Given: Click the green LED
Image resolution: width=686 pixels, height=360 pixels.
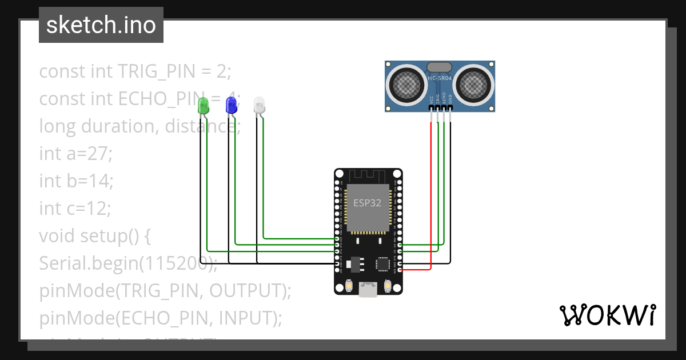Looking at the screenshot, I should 202,105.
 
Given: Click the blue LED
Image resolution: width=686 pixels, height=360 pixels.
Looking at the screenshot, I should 231,105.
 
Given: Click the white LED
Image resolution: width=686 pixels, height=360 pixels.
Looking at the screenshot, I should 259,105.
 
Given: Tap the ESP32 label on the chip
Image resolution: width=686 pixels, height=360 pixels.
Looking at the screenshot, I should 367,203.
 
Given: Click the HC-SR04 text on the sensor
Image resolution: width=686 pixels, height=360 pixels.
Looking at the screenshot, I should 440,78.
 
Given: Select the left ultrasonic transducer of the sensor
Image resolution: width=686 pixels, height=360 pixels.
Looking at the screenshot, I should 406,85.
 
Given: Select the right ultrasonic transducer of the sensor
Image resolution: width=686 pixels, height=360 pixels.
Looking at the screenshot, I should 474,85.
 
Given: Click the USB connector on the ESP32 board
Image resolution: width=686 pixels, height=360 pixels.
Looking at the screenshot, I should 368,291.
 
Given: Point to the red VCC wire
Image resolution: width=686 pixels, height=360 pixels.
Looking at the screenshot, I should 430,194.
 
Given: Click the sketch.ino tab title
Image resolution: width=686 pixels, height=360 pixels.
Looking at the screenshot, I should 101,25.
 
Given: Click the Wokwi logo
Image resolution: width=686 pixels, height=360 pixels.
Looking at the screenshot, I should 607,315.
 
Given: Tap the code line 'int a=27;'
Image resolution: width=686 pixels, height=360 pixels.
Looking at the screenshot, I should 76,153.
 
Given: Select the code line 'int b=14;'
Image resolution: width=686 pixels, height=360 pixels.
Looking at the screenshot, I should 76,181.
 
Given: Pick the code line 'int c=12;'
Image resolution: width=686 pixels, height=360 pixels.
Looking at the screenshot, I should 75,208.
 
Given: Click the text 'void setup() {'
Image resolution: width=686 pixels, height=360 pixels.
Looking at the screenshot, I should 94,235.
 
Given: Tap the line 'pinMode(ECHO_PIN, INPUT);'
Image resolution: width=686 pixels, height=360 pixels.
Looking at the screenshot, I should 161,318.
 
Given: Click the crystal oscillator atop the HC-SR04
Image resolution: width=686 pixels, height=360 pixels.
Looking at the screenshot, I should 439,67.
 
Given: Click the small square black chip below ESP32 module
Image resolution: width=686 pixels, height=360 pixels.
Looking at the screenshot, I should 382,264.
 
